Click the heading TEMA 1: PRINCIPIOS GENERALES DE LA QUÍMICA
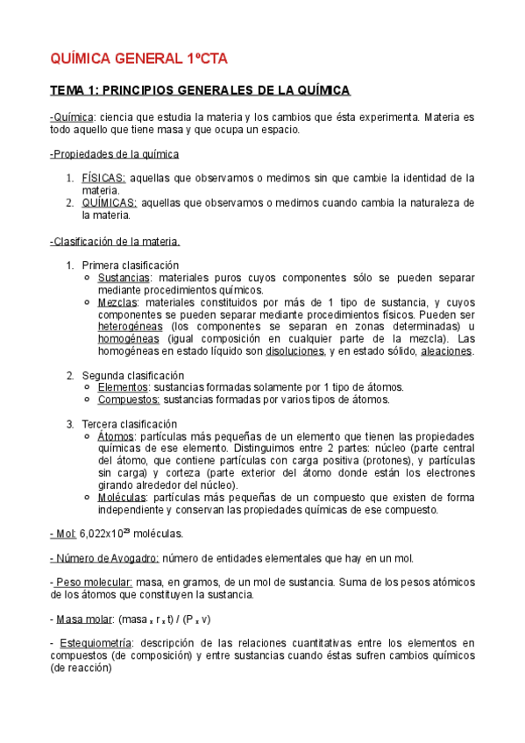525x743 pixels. (x=200, y=91)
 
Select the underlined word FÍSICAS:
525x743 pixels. (x=103, y=178)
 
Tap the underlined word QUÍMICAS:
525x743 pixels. (x=109, y=202)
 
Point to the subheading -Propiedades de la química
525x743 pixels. (x=115, y=154)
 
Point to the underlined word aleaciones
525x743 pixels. (x=446, y=351)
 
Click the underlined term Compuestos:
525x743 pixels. (x=129, y=400)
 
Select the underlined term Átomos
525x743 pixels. (x=117, y=436)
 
